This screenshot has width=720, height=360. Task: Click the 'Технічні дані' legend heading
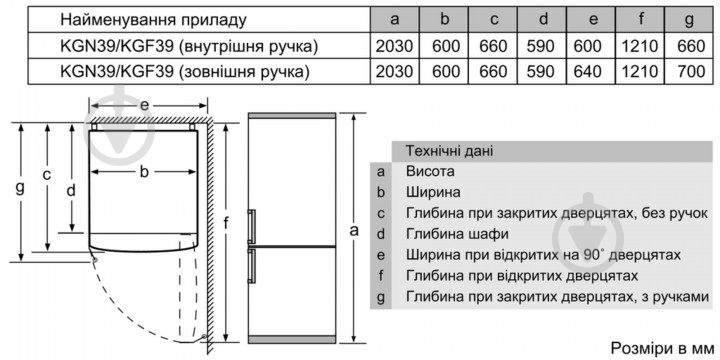pos(448,150)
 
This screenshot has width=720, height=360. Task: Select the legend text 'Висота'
pos(428,171)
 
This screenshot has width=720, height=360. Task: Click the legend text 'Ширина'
pos(432,192)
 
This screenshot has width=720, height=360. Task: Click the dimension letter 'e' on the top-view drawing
pos(144,104)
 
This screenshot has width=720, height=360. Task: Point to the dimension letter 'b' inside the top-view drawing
pos(144,172)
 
